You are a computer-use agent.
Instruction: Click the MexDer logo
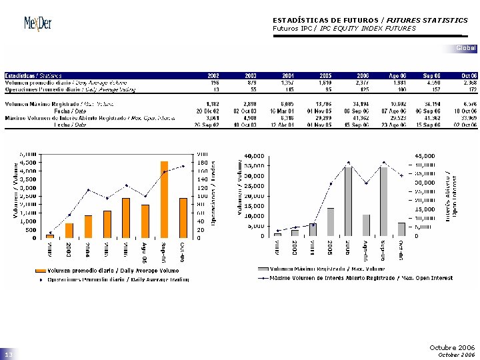[38, 25]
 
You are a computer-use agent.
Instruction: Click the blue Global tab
[466, 48]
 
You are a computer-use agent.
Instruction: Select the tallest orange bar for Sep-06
[164, 199]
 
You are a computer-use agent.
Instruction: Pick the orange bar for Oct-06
[183, 217]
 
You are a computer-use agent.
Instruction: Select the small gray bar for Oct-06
[401, 229]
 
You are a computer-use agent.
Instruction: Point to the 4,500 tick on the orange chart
[27, 162]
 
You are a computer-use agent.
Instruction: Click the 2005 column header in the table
[325, 76]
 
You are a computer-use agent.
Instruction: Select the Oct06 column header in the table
[469, 76]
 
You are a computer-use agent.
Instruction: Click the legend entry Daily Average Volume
[108, 270]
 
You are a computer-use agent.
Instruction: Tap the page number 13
[9, 355]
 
